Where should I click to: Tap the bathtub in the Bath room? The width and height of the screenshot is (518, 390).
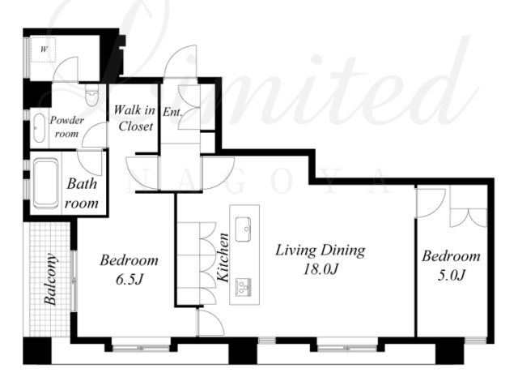pos(45,183)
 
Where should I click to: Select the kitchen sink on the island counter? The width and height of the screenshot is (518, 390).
pos(243,229)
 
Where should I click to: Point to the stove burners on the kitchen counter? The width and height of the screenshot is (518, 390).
pos(244,287)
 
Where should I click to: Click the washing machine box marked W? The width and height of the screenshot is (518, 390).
pos(43,49)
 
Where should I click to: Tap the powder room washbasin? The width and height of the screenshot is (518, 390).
pos(39,128)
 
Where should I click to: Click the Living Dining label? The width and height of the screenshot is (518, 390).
pos(321,251)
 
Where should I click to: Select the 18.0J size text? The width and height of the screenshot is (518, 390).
pos(321,269)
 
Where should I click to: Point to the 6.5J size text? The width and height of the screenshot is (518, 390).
pos(129,280)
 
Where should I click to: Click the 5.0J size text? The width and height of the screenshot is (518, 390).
pos(452,276)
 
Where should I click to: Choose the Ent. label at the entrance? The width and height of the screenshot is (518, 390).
pos(172,112)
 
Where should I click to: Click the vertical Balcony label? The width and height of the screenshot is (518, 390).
pos(51,279)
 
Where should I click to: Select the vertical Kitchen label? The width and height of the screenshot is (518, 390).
pos(223,258)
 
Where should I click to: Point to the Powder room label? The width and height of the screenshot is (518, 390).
pos(66,126)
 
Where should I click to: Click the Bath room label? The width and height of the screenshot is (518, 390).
pos(82,193)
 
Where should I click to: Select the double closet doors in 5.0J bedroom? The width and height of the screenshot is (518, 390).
pos(469,218)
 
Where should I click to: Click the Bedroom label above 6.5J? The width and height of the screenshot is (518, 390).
pos(129,260)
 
